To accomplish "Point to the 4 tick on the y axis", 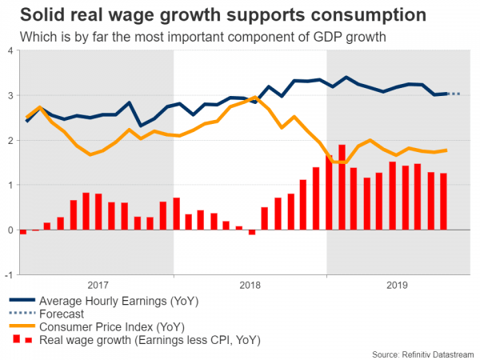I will click(x=9, y=51).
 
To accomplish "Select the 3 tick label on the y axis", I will click(x=9, y=96).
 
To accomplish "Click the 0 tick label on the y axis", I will click(x=9, y=230).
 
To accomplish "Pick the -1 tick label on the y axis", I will click(x=7, y=275).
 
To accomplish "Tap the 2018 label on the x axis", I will click(x=250, y=285).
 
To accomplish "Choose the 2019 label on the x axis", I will click(x=398, y=285).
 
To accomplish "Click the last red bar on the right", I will click(x=443, y=202).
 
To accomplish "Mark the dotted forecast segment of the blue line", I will click(x=454, y=94).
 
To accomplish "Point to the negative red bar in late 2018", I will click(x=251, y=232).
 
